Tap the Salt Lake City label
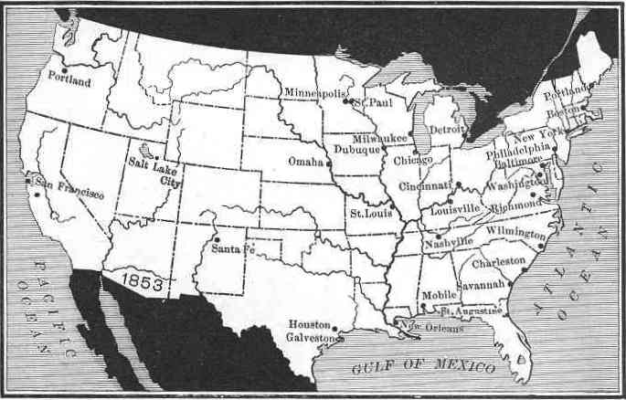(157, 172)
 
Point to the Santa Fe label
(232, 248)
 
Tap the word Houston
(308, 325)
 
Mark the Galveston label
(310, 338)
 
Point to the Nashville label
(448, 241)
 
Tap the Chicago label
(413, 161)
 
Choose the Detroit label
(448, 130)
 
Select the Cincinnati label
(425, 185)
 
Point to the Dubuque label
(355, 149)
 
